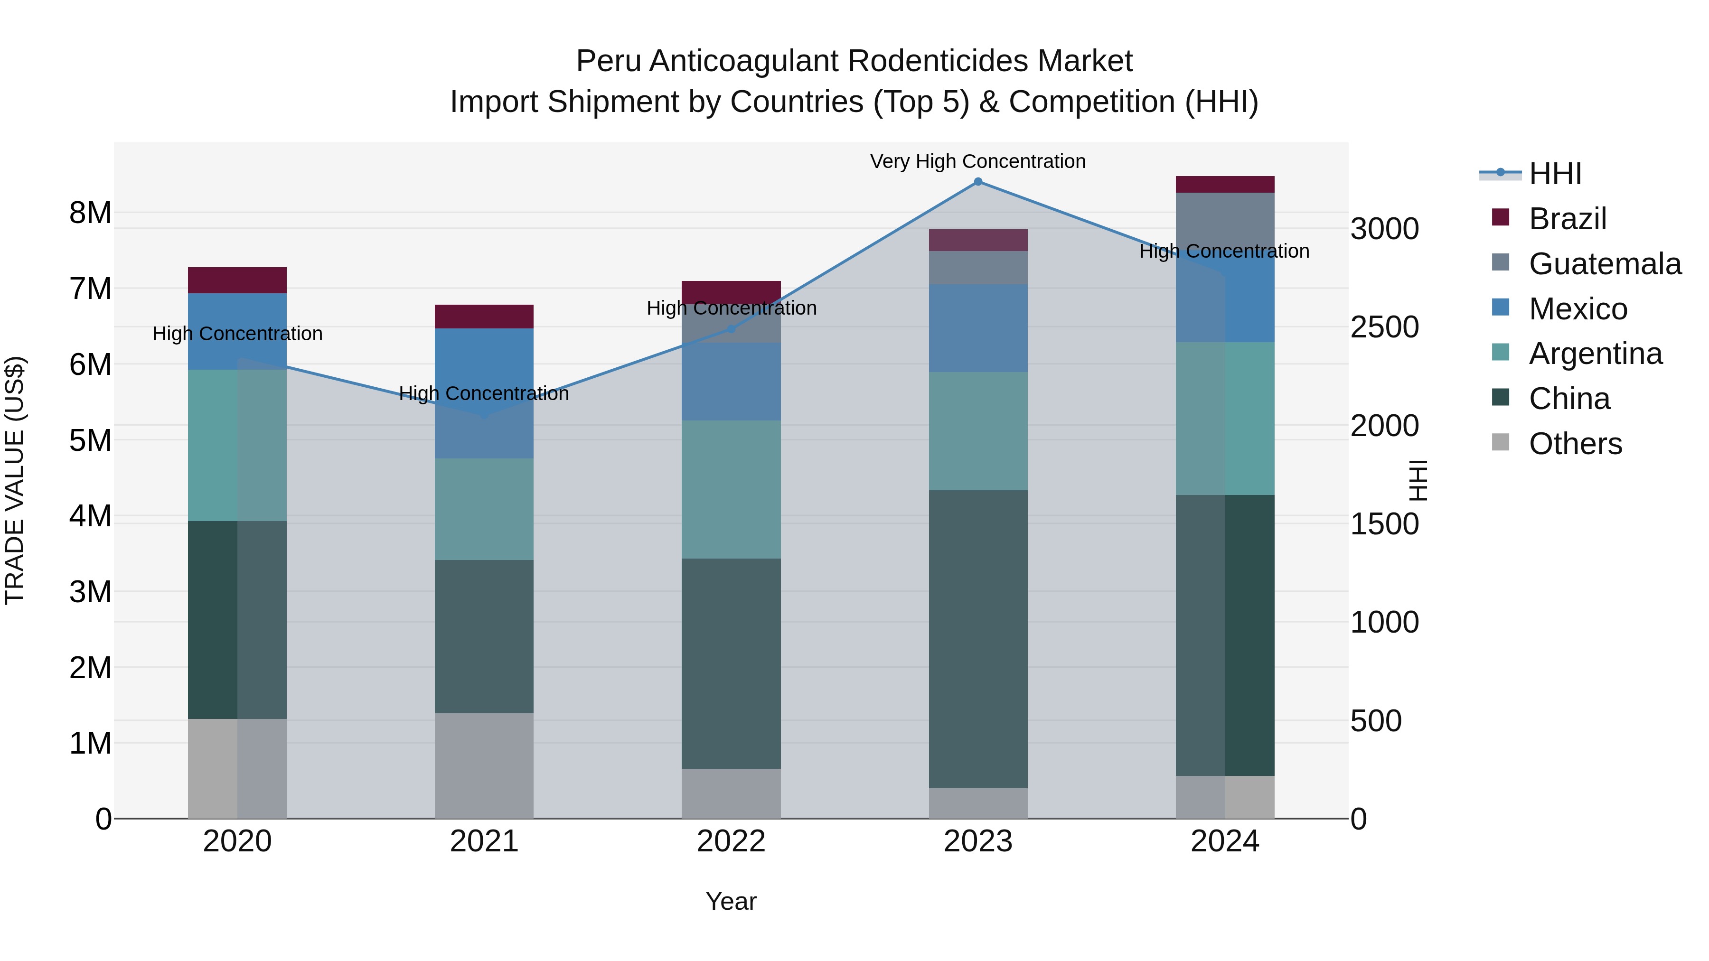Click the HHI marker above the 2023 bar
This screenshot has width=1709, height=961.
coord(978,182)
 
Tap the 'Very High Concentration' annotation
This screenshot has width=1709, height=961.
coord(978,161)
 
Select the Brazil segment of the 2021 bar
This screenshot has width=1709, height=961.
coord(484,317)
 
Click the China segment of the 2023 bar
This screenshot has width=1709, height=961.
coord(978,639)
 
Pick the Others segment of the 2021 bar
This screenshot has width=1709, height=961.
coord(484,765)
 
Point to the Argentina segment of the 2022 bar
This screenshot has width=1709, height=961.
coord(731,489)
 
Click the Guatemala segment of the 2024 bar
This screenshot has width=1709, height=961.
coord(1225,219)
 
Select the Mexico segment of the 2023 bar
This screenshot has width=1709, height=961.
coord(978,328)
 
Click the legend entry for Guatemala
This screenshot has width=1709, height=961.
coord(1604,264)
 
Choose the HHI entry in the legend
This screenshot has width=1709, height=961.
coord(1555,174)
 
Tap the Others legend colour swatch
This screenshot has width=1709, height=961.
coord(1500,442)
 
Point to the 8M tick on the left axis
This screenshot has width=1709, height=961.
coord(90,213)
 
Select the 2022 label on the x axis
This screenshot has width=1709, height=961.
coord(731,841)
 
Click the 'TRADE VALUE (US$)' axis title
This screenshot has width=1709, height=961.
coord(15,480)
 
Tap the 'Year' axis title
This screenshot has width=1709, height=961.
coord(731,901)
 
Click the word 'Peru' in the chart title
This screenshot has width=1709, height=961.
coord(609,61)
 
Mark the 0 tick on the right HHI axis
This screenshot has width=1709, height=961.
coord(1359,819)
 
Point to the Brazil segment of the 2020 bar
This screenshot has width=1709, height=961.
coord(237,280)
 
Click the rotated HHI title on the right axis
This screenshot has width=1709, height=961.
coord(1417,480)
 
